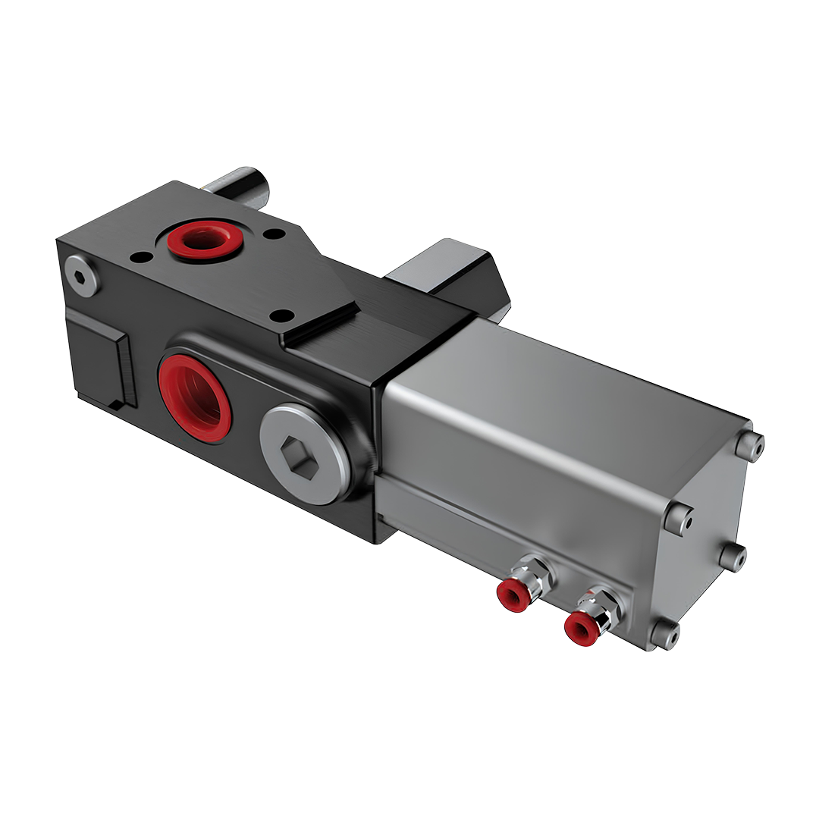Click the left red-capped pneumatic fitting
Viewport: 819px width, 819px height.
(513, 596)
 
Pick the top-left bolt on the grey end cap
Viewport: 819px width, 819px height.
(679, 518)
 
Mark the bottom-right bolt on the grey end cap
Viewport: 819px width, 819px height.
(733, 557)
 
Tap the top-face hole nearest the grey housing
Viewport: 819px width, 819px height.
(281, 315)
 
